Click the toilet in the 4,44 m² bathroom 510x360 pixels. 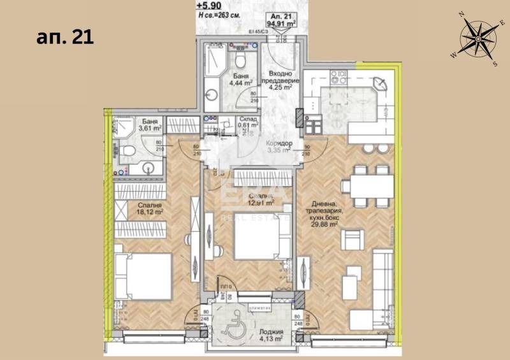(241, 61)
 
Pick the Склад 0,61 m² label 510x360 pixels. (247, 122)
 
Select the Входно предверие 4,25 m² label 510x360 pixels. (280, 81)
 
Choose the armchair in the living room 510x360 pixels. (352, 241)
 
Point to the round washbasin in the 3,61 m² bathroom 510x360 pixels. (149, 169)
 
